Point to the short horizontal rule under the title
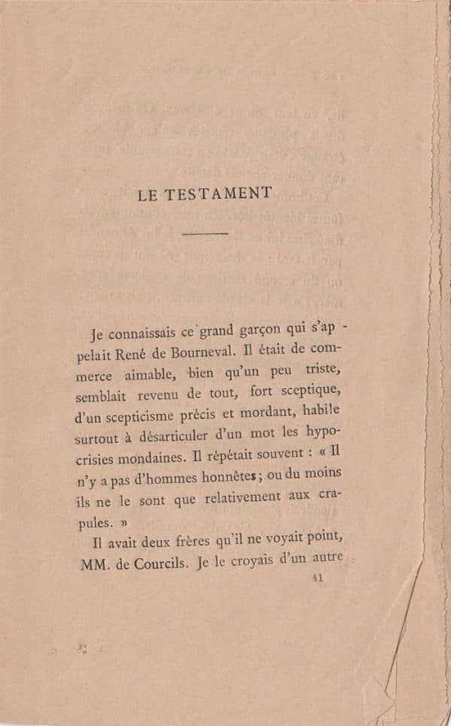tap(204, 234)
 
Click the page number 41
tap(316, 577)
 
